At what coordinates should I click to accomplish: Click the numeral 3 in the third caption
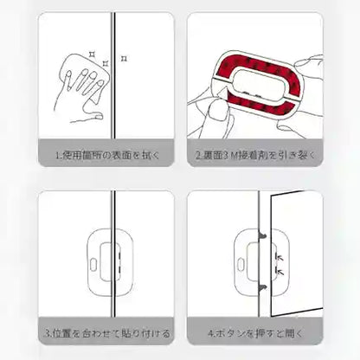(48, 332)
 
